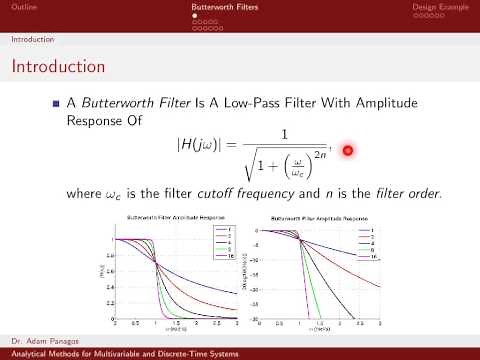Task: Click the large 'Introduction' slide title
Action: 57,67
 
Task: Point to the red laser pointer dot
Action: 348,150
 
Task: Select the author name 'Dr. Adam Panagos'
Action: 39,342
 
